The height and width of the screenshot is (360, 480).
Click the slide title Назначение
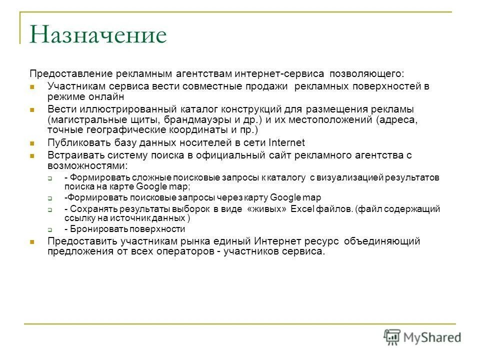coord(97,35)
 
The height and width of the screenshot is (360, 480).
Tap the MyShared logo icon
coord(391,336)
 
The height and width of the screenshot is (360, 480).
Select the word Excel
coord(302,209)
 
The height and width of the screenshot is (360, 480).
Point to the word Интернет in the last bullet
coord(275,241)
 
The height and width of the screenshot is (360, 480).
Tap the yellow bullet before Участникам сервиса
coord(32,86)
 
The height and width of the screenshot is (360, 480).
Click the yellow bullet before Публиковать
coord(32,143)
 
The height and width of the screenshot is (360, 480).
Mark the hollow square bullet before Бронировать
coord(50,230)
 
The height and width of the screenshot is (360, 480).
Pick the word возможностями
coord(87,165)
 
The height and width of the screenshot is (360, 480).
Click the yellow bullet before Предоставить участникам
coord(32,242)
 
